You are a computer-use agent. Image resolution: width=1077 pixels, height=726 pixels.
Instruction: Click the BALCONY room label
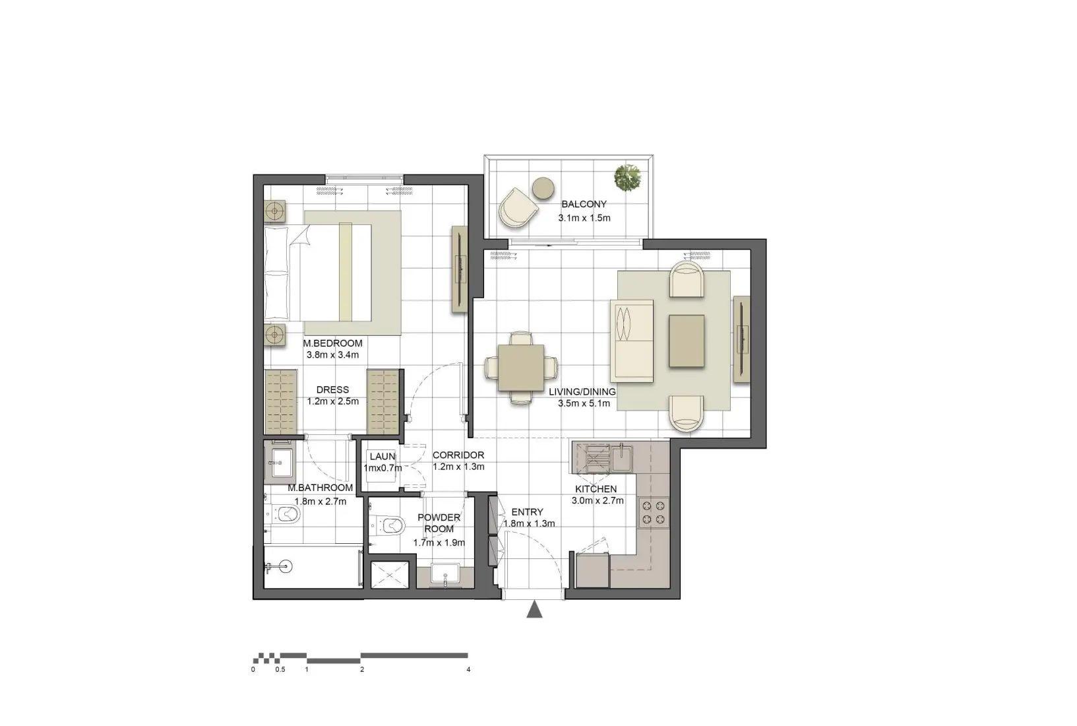584,205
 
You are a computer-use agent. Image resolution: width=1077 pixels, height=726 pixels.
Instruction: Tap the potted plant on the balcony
628,178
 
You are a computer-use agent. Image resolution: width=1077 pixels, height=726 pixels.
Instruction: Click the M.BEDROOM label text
332,343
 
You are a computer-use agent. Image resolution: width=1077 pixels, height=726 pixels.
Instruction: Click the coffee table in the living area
686,341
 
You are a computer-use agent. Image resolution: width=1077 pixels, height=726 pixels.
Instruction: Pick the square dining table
521,368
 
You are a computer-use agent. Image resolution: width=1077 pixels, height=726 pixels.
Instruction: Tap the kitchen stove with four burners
654,512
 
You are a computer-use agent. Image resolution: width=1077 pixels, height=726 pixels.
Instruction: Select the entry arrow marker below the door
534,610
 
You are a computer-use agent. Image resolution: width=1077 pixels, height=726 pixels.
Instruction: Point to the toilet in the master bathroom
286,514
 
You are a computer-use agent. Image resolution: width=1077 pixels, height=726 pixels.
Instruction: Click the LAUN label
383,457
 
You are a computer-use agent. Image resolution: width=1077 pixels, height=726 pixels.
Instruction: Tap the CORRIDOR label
458,455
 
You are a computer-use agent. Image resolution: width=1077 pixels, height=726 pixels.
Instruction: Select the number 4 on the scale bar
468,669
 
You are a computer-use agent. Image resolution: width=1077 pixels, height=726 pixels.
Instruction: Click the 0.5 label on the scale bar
280,669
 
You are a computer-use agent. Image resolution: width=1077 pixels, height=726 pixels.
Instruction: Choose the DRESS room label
332,390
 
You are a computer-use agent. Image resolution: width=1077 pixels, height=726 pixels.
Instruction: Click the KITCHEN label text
596,489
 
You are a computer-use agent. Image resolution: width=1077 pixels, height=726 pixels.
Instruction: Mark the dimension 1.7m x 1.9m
439,543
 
